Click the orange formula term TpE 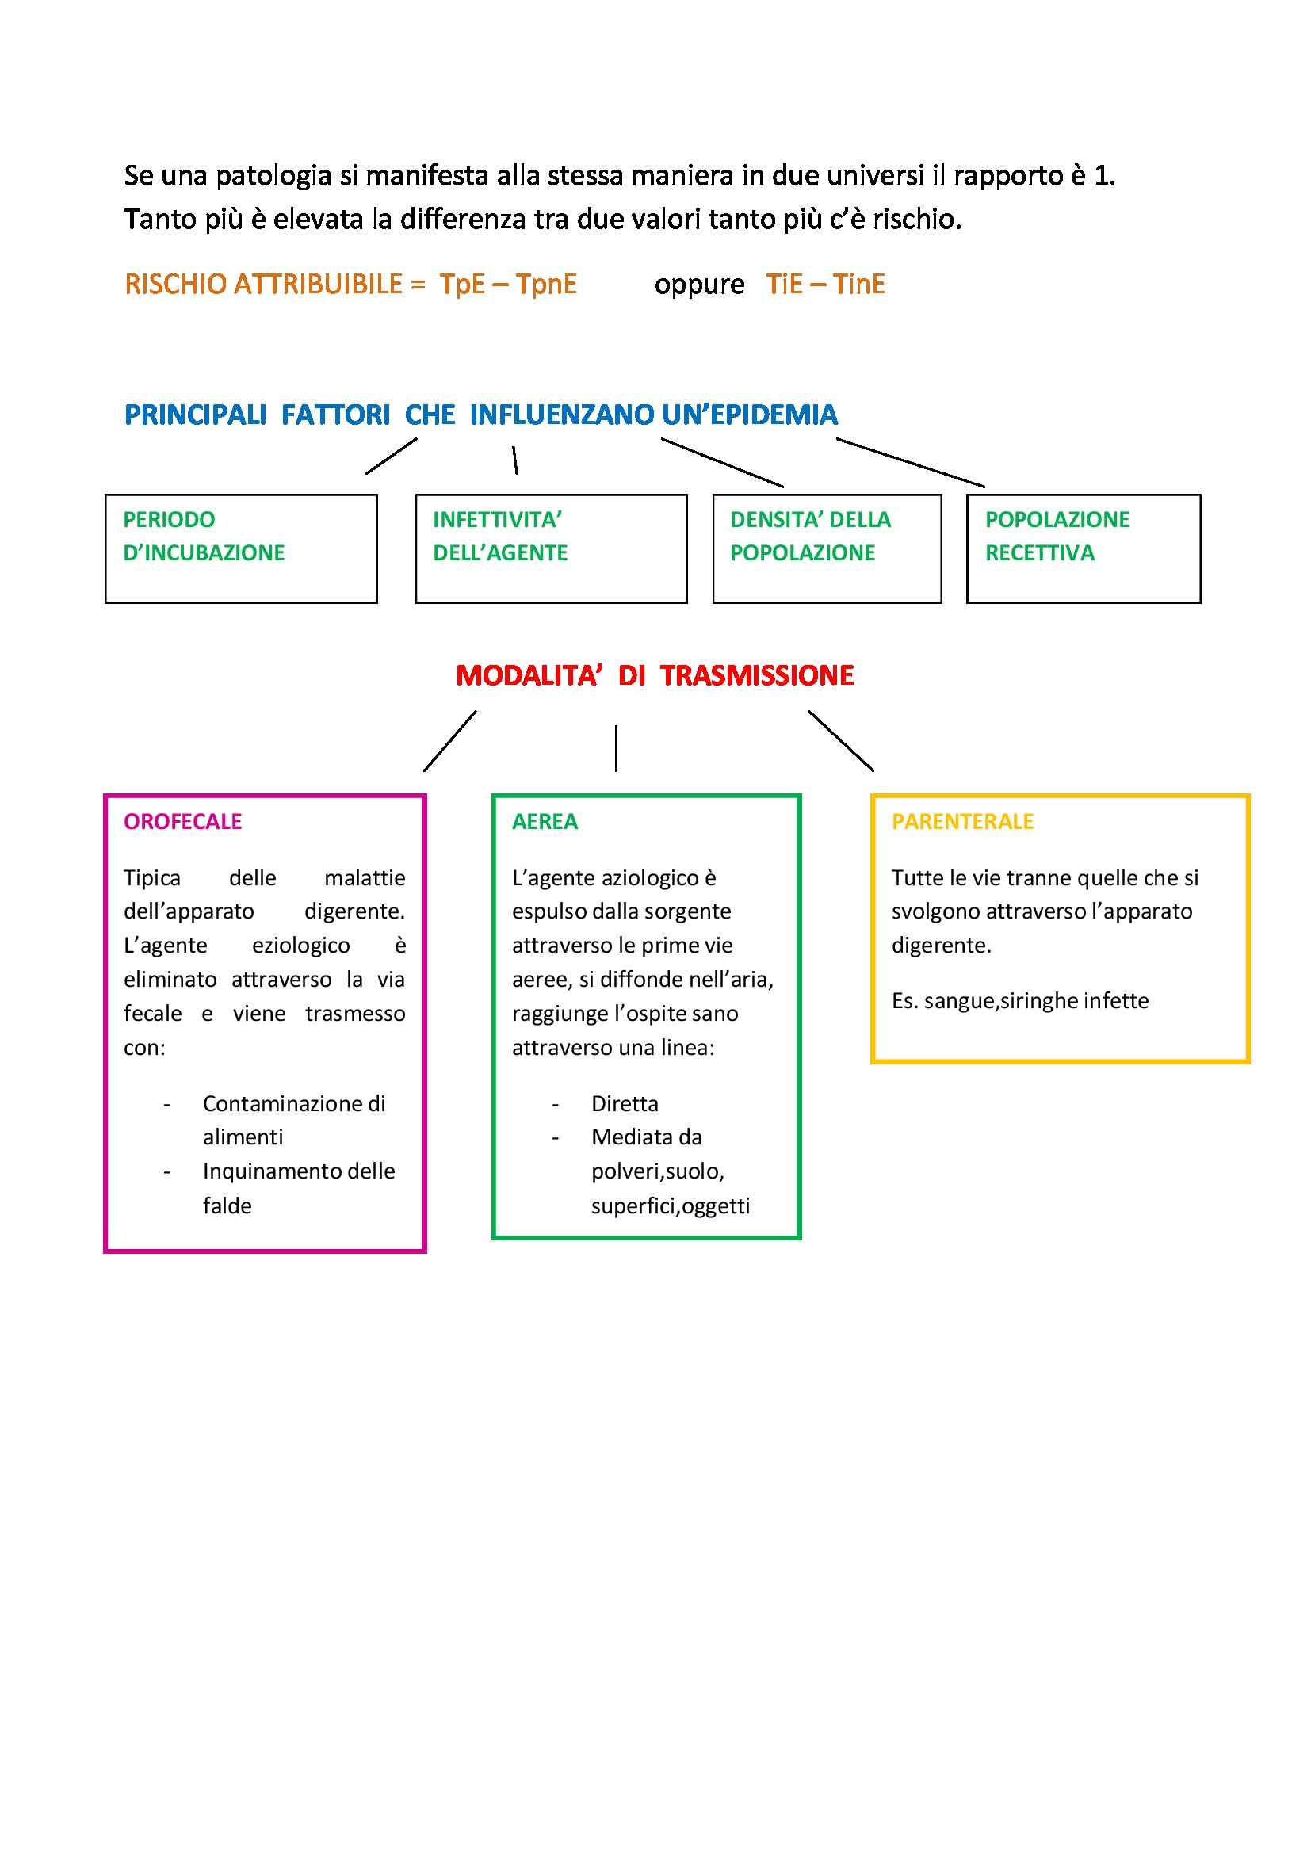point(462,284)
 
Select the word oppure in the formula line point(699,285)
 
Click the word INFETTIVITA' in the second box point(497,520)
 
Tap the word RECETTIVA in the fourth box point(1040,553)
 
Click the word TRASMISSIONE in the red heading point(756,675)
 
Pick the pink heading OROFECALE point(182,822)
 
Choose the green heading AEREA point(545,822)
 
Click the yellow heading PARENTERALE point(962,822)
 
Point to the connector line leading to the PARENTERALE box point(840,740)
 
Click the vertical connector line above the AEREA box point(616,748)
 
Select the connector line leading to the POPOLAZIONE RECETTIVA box point(910,462)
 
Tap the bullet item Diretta point(625,1103)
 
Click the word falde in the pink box point(227,1205)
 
